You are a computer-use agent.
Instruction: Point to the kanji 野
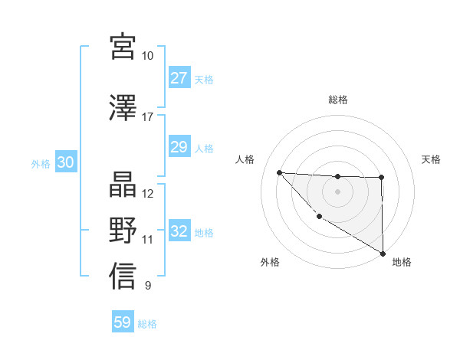point(123,230)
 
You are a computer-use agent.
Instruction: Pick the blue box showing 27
point(179,78)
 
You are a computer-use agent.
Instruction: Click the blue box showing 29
point(179,147)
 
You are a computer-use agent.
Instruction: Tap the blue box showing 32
point(179,231)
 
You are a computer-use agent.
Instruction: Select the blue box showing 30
point(66,163)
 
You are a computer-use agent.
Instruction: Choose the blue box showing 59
point(123,322)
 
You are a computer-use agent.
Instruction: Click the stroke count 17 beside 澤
point(148,117)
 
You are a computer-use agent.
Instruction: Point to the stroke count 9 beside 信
point(148,286)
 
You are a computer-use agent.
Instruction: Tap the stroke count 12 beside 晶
point(148,193)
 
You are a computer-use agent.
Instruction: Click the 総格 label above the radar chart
point(338,100)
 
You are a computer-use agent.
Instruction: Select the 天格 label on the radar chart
point(431,159)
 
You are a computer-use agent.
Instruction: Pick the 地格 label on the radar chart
point(402,262)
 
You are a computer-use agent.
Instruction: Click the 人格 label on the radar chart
point(245,159)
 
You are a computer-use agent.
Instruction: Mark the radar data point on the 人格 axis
point(279,172)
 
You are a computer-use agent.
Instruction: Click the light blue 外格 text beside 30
point(40,164)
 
